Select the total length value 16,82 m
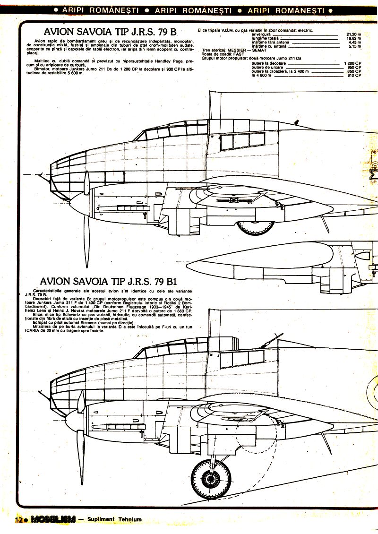point(353,38)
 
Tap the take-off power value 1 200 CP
point(352,63)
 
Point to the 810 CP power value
point(354,75)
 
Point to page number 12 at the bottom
point(18,519)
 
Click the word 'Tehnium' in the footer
point(129,519)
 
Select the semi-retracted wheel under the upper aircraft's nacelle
point(255,227)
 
